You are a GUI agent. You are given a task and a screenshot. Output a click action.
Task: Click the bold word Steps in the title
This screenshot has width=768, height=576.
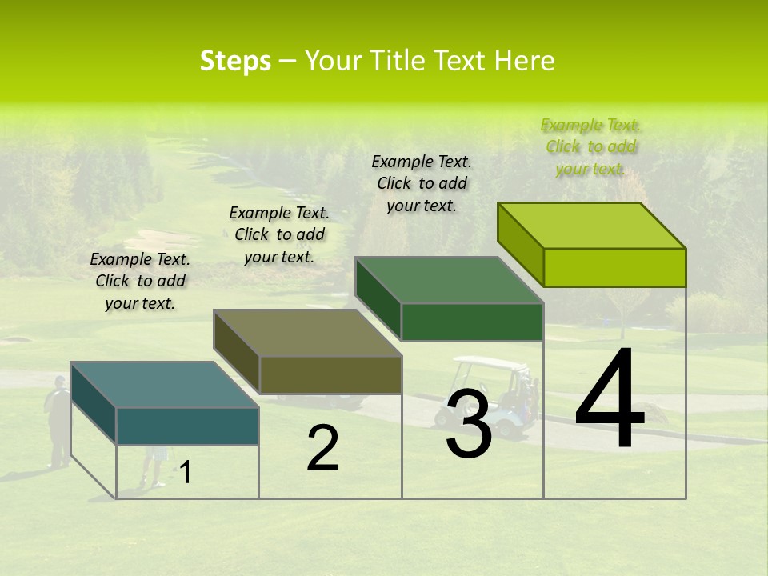[x=235, y=61]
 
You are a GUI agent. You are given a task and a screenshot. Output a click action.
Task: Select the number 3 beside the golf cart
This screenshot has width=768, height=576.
[x=468, y=424]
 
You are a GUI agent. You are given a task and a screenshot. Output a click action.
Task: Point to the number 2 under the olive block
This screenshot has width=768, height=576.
[x=322, y=448]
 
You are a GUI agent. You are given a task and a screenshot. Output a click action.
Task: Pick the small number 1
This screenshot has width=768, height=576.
[x=186, y=473]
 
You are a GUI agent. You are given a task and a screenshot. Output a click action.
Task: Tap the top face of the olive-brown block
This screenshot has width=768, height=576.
[x=308, y=333]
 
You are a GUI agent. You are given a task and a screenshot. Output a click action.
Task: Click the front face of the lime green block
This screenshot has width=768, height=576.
[x=614, y=267]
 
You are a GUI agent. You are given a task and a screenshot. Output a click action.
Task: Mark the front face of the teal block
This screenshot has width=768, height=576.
[x=187, y=426]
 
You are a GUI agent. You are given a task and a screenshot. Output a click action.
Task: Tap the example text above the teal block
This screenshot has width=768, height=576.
[x=140, y=281]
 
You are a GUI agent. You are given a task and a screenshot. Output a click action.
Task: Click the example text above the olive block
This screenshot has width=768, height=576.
[x=279, y=234]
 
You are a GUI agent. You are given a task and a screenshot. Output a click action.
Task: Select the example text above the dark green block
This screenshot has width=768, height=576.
[x=422, y=183]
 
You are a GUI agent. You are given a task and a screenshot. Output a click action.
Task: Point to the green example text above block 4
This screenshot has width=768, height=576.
[x=590, y=146]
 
